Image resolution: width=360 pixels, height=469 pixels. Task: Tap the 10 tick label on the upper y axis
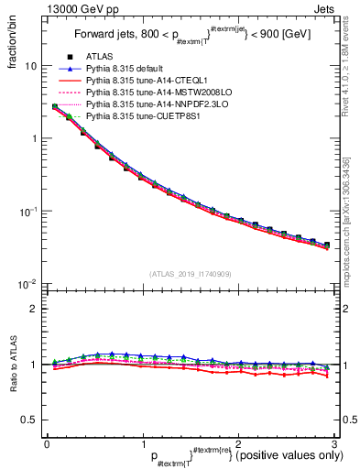click(x=30, y=67)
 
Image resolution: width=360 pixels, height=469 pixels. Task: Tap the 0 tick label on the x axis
click(x=46, y=443)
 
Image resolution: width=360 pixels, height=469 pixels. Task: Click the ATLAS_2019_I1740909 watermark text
click(x=189, y=274)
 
